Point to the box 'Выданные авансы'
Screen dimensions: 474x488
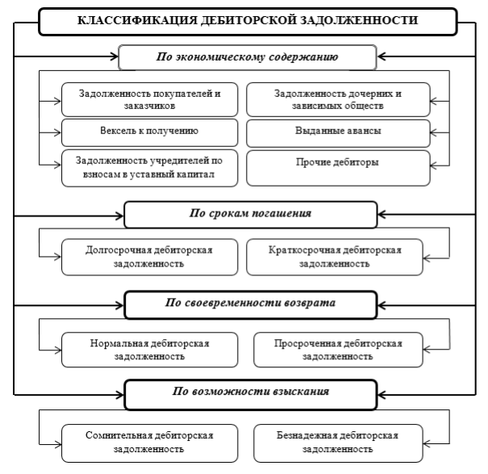tap(340, 129)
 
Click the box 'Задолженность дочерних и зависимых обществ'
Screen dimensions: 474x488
tap(340, 99)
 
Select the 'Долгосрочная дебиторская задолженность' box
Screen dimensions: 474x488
tap(148, 256)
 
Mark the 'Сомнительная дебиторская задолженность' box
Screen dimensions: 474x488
tap(148, 439)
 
